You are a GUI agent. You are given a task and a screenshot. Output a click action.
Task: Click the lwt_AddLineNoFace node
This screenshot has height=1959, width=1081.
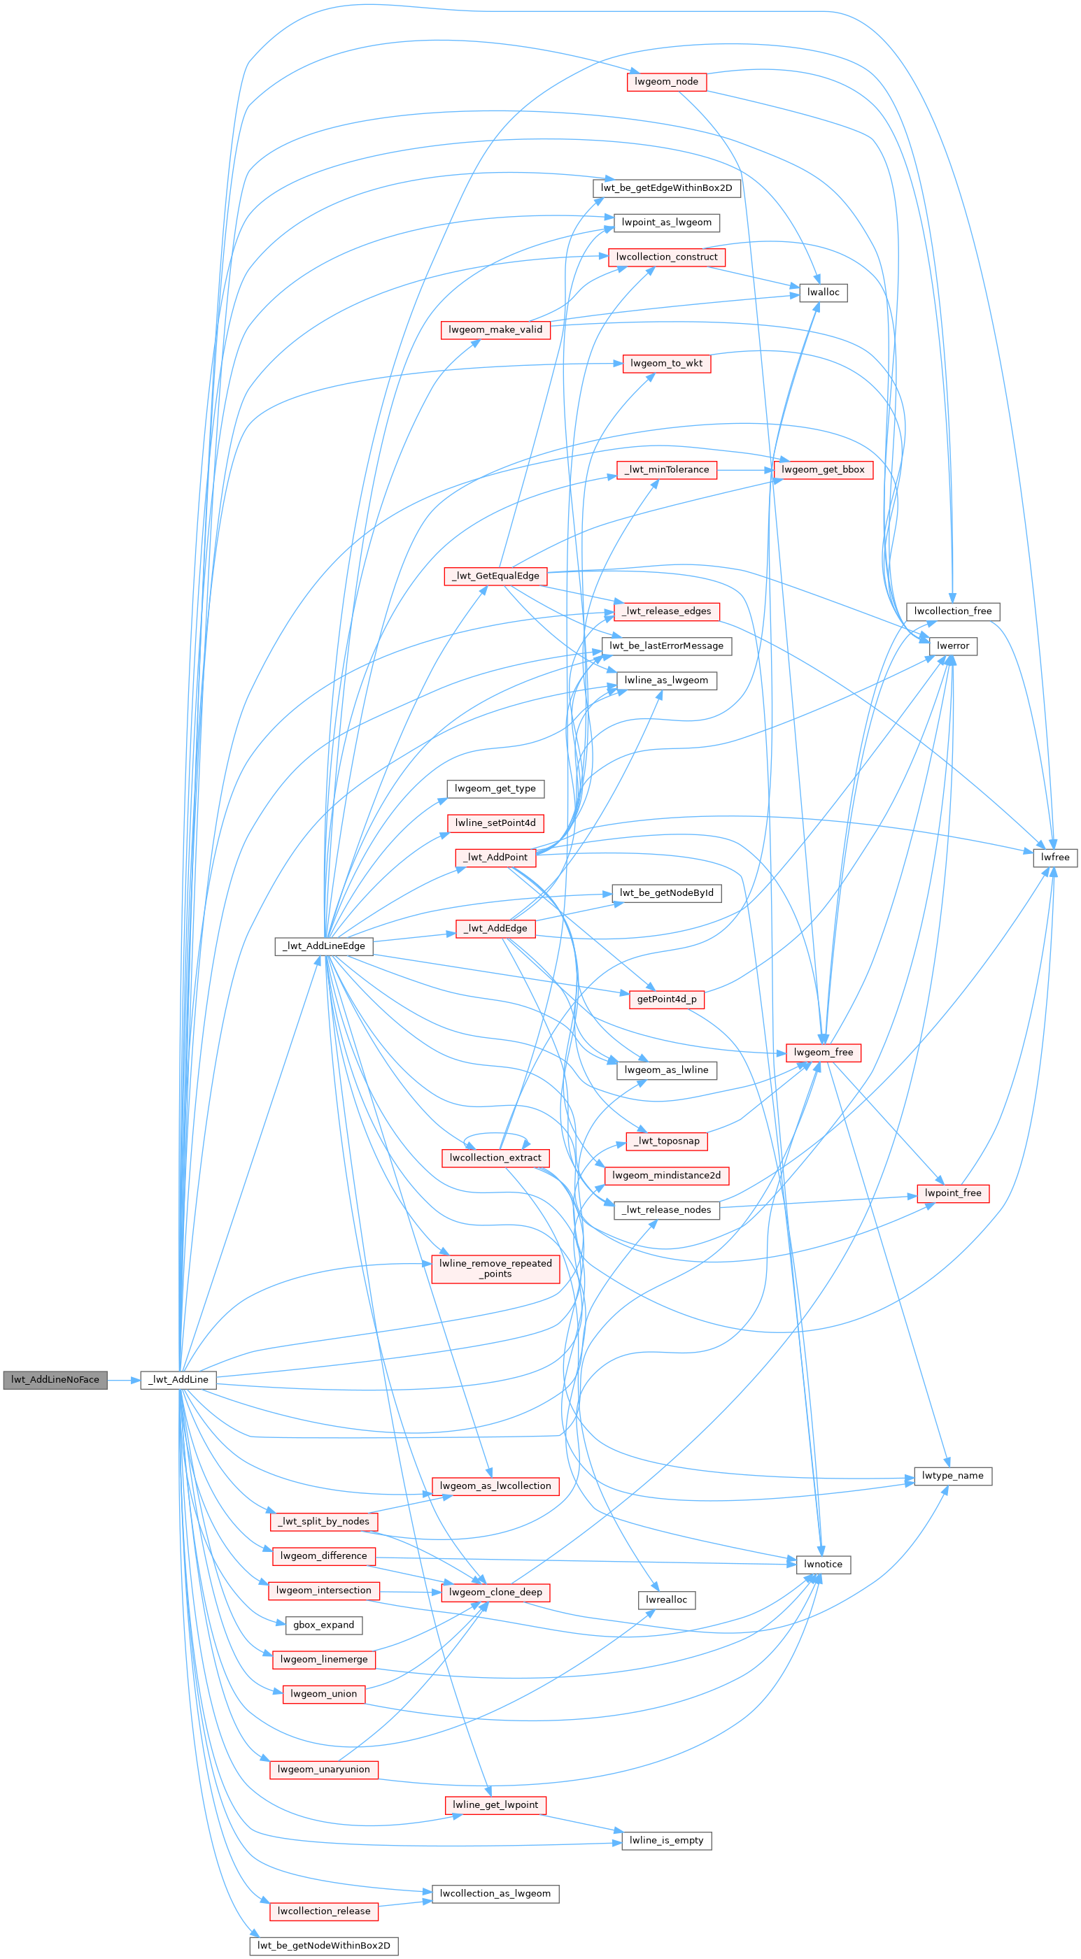[55, 1379]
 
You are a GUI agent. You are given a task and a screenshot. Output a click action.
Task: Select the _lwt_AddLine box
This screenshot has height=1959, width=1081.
[178, 1379]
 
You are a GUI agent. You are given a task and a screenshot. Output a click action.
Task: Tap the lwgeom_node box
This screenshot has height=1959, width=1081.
[666, 81]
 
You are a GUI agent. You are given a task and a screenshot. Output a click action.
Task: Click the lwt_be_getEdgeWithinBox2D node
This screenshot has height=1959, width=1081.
[666, 188]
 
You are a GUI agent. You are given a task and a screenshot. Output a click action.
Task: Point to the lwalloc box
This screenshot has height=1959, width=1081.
[823, 292]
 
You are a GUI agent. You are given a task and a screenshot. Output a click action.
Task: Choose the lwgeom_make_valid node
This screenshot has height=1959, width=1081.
[495, 329]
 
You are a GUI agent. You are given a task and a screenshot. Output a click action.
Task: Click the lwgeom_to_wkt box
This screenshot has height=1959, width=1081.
[666, 364]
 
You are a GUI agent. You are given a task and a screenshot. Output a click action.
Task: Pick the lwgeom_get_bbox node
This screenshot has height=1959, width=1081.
[823, 469]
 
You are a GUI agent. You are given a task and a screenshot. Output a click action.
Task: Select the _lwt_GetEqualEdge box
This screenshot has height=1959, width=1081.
[495, 576]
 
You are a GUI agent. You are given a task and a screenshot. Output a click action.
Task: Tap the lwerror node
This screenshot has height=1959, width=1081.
[952, 646]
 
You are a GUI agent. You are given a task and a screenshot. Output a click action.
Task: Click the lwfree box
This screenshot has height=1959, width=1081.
[1055, 857]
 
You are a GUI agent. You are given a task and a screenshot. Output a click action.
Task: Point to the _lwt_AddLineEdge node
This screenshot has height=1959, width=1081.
[323, 946]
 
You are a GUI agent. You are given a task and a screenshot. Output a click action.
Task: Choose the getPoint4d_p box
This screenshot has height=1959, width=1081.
[666, 999]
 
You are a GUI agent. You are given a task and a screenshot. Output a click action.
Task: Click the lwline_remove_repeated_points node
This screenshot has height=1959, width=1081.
[495, 1269]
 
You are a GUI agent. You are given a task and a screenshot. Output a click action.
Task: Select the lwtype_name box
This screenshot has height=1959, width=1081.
[952, 1475]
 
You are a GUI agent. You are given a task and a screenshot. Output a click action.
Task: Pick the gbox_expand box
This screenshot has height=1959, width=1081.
[323, 1625]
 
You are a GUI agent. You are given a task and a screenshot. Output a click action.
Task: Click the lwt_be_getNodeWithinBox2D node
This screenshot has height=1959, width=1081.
[323, 1945]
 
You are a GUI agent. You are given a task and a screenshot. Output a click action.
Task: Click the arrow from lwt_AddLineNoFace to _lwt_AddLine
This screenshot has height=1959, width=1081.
[123, 1379]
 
